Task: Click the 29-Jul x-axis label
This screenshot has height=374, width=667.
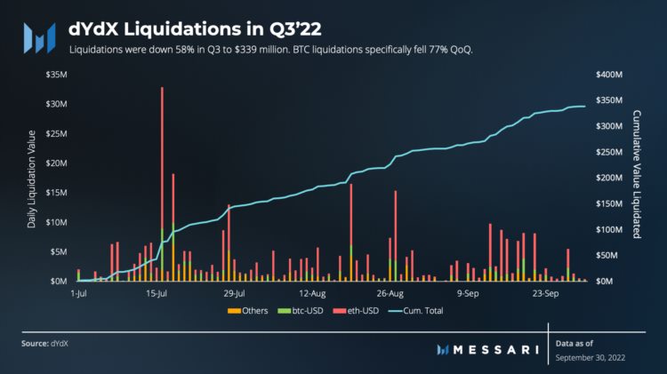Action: [x=234, y=292]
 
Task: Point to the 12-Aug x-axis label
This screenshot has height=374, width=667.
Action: [x=313, y=292]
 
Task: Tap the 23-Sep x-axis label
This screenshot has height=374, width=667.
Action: [x=544, y=292]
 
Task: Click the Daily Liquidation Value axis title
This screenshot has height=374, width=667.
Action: [x=32, y=179]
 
